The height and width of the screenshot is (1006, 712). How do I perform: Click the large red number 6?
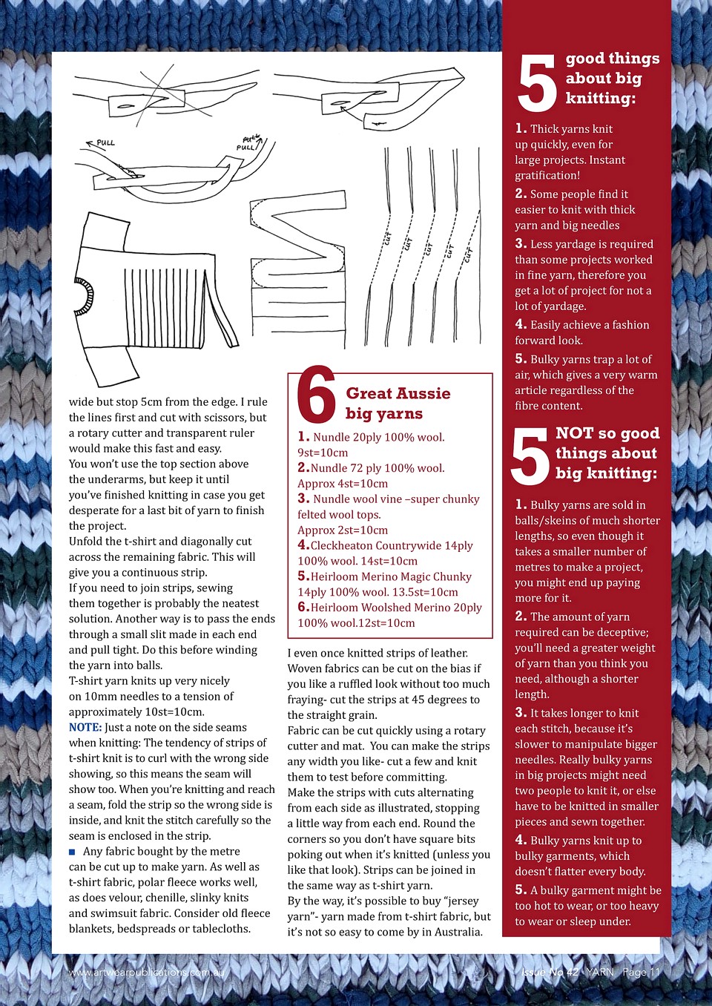316,395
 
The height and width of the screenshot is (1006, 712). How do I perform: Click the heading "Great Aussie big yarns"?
398,404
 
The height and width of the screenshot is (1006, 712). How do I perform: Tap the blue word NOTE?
85,728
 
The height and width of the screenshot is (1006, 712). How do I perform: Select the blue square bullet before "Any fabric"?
73,852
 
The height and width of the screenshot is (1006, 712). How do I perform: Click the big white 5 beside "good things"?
536,84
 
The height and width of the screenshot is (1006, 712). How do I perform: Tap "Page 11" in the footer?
641,972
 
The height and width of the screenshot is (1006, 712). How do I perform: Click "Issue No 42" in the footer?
550,972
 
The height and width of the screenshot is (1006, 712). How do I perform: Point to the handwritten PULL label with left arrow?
101,142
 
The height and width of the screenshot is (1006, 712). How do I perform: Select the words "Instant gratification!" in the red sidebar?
570,168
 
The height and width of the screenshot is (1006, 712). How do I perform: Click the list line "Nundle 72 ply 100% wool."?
371,468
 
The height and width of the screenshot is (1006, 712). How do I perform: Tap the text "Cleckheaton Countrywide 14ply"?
391,546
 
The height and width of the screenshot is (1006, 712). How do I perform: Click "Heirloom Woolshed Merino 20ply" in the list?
395,608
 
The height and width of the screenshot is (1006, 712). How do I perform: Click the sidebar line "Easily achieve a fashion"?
582,325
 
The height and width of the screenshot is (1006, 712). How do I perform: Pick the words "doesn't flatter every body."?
580,872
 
